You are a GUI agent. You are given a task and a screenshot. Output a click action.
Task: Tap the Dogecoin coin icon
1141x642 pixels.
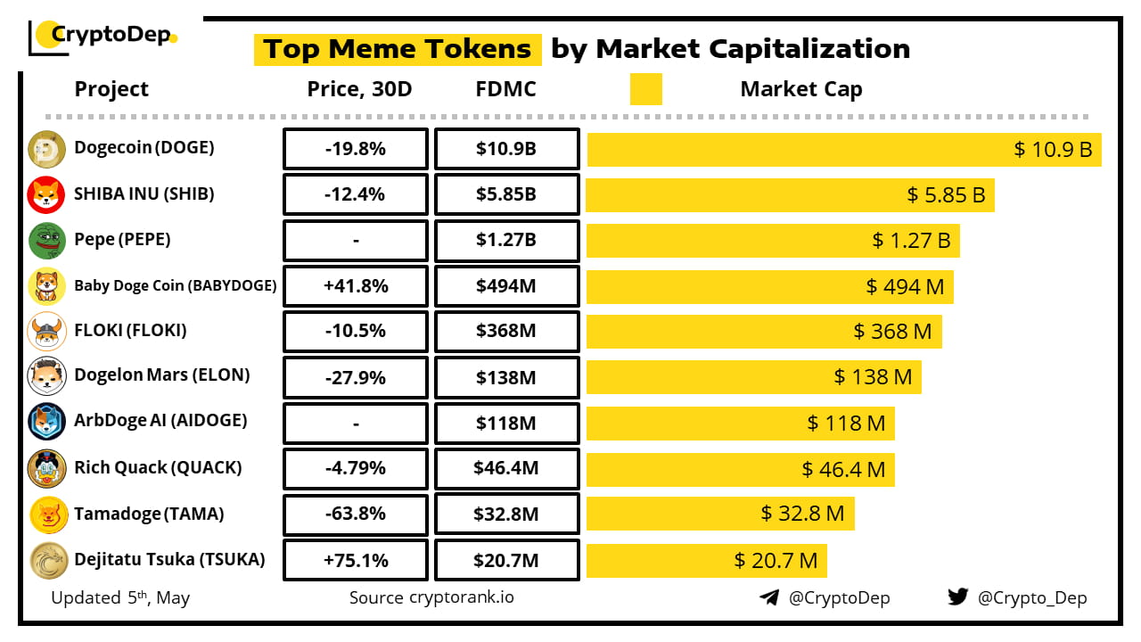46,149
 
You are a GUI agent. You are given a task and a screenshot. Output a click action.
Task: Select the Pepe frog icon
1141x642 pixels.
46,241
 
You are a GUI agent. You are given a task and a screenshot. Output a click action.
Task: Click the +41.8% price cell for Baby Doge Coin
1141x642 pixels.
355,286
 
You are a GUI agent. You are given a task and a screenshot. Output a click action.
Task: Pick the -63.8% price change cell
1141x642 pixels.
355,514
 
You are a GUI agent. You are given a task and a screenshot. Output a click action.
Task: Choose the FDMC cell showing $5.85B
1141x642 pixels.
506,194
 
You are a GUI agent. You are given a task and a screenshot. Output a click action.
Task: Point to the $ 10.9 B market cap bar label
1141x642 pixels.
1053,150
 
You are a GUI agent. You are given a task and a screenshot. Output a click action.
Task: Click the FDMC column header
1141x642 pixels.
506,89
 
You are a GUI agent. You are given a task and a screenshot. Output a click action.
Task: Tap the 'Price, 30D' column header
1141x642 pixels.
359,89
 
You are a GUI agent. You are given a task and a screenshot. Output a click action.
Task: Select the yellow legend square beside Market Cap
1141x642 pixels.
645,89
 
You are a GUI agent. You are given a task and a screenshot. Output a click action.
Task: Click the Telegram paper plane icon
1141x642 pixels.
769,597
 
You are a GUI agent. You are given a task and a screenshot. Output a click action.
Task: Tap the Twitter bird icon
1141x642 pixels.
957,597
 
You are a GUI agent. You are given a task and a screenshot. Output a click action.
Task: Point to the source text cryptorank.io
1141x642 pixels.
431,597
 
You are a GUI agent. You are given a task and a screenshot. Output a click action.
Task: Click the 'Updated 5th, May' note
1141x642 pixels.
120,597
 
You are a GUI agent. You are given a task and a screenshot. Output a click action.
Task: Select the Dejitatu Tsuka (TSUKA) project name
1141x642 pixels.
169,560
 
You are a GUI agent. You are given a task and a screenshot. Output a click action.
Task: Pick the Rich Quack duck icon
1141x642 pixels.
46,468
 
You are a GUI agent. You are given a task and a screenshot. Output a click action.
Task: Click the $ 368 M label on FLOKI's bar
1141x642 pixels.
892,332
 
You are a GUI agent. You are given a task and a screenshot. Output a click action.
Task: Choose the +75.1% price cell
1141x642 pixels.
355,560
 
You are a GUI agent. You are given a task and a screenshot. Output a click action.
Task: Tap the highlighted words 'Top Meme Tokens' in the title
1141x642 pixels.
398,49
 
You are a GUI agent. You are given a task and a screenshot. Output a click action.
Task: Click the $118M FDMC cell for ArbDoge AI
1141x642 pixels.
506,424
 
